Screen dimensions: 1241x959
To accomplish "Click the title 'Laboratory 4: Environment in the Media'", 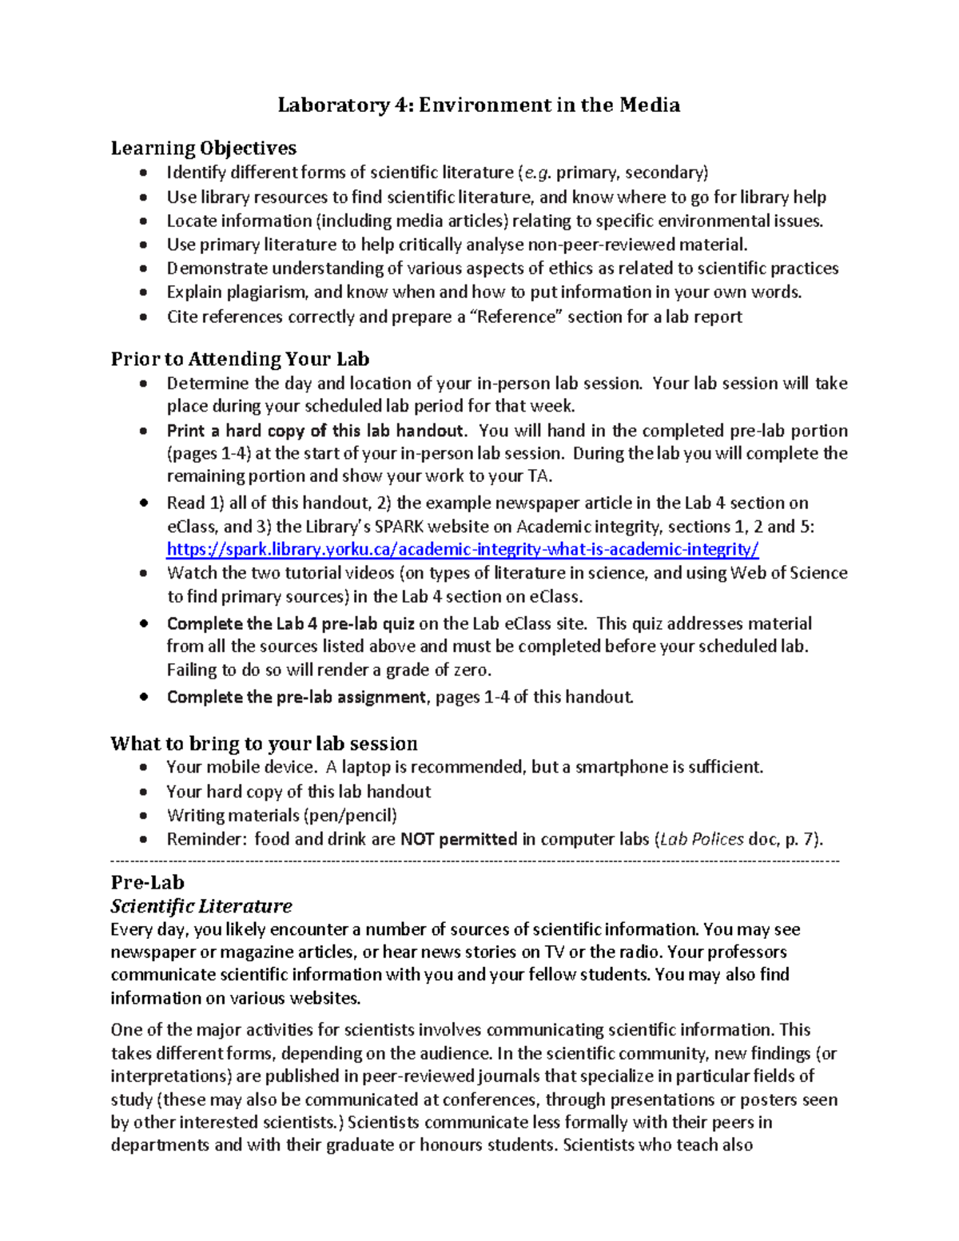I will (479, 105).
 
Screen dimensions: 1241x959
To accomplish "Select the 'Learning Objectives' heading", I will (203, 148).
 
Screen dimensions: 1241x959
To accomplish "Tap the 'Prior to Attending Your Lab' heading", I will (240, 359).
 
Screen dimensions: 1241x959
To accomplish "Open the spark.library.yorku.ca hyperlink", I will (462, 549).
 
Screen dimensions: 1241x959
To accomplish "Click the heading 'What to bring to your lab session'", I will (264, 743).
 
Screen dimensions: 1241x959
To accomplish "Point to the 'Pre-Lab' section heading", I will (147, 882).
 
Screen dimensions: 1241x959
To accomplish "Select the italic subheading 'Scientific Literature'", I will (201, 905).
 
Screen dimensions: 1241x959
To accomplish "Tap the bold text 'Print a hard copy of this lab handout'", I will (315, 431).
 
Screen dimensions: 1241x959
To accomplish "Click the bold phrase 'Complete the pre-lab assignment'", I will (296, 697).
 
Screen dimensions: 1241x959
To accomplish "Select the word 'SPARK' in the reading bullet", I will (403, 527).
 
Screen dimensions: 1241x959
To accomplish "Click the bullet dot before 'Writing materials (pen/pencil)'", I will (143, 816).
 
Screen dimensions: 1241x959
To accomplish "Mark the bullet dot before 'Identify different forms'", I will (143, 173).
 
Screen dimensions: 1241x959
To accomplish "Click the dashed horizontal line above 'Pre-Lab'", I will (475, 861).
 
